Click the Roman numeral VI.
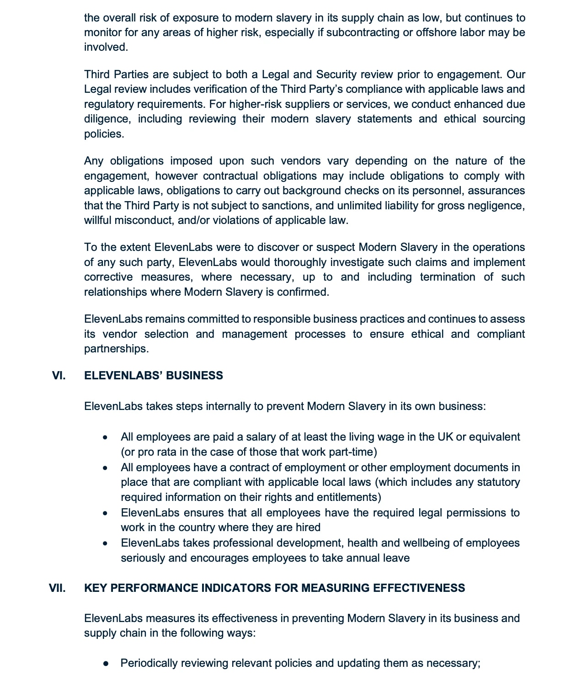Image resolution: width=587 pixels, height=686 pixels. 59,376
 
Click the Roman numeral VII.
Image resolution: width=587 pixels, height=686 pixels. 57,588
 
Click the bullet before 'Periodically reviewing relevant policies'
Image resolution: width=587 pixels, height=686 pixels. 106,663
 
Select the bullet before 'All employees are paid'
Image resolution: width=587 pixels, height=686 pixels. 106,437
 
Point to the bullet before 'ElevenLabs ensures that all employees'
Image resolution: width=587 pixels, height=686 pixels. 106,513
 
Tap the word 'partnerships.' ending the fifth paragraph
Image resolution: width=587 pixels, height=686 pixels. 116,349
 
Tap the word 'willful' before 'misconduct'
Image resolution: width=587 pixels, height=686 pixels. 97,220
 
